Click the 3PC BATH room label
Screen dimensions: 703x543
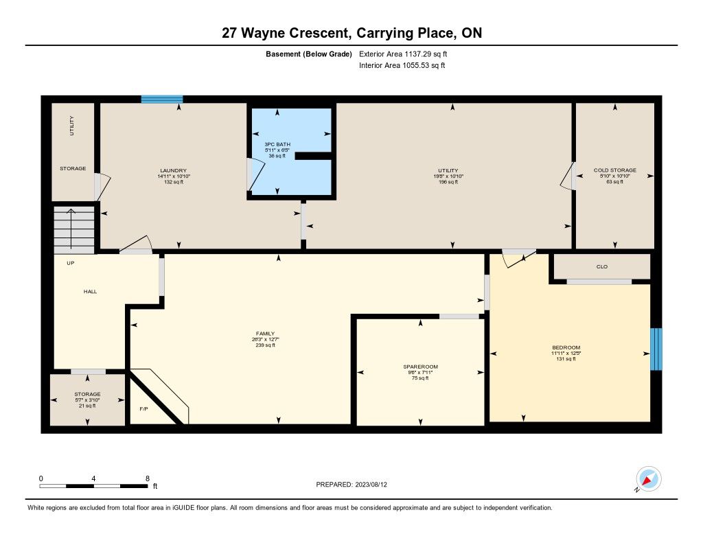[x=277, y=144]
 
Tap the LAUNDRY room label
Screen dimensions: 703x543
[x=174, y=170]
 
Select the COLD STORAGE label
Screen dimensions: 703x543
[x=614, y=170]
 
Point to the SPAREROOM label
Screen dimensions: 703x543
[x=420, y=367]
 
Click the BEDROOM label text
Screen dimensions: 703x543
[x=566, y=347]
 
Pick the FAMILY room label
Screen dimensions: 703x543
[x=265, y=334]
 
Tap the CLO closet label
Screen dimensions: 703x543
[x=601, y=267]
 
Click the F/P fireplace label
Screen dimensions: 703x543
[x=143, y=409]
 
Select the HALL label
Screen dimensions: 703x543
[x=90, y=292]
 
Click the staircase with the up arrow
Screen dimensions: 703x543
[x=74, y=230]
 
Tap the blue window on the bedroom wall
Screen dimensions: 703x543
[x=656, y=349]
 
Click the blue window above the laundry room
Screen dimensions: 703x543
[x=162, y=99]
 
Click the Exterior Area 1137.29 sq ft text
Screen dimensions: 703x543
[x=403, y=54]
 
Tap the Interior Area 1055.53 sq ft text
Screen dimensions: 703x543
[x=402, y=65]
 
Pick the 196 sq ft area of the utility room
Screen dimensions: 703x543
[x=448, y=182]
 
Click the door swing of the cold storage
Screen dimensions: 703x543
[x=567, y=176]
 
